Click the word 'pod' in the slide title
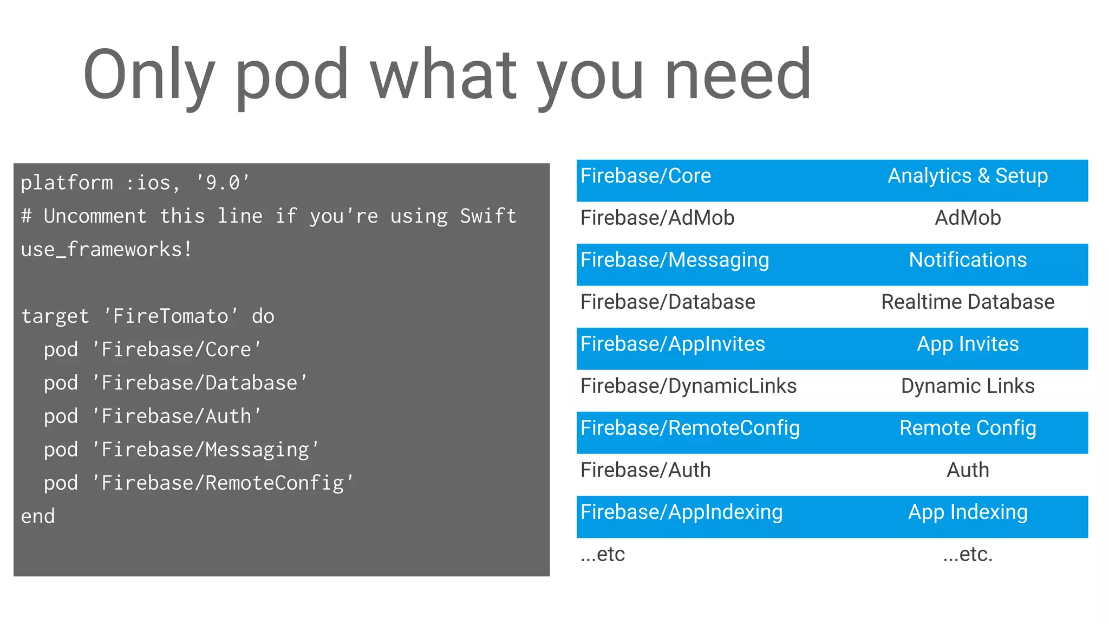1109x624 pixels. [x=291, y=76]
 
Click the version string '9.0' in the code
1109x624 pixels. [x=223, y=183]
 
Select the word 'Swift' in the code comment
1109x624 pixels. [x=488, y=216]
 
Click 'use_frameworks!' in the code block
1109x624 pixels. [x=106, y=250]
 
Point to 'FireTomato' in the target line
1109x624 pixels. [x=170, y=316]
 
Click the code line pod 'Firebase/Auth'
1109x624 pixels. [x=153, y=417]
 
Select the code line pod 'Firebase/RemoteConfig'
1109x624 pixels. [x=198, y=483]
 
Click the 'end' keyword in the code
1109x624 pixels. [x=38, y=517]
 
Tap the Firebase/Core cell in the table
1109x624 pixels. [x=645, y=176]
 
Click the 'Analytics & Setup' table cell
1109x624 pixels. [x=968, y=176]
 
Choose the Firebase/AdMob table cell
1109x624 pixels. [x=657, y=218]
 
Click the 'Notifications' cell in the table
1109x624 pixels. [x=968, y=260]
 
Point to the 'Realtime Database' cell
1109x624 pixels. [x=968, y=302]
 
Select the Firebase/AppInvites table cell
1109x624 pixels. [x=673, y=344]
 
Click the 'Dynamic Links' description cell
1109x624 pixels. [x=968, y=386]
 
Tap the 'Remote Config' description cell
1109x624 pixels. [x=968, y=428]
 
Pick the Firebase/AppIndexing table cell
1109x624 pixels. [x=681, y=512]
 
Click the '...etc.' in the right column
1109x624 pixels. [x=968, y=555]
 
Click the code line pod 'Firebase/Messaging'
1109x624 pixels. [x=181, y=450]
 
